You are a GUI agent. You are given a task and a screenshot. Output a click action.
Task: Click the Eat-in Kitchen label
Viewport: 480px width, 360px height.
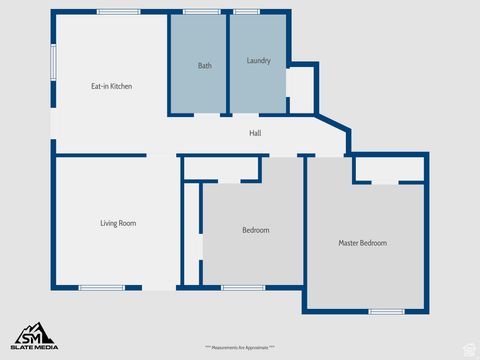(x=111, y=86)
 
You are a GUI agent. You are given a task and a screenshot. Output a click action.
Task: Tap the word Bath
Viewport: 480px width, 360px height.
(x=204, y=66)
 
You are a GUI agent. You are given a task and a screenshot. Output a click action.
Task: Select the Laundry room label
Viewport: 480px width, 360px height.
(x=258, y=61)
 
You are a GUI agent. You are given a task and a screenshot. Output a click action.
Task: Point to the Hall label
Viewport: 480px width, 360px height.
(x=255, y=132)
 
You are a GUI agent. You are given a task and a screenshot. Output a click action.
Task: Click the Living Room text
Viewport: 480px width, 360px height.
(x=118, y=223)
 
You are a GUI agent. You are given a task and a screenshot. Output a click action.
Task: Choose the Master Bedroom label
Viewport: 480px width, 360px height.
(x=362, y=243)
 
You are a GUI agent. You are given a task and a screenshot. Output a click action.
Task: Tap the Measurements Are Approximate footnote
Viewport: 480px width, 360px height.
(x=240, y=347)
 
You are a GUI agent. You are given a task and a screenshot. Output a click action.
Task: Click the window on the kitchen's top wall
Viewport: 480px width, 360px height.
(x=119, y=11)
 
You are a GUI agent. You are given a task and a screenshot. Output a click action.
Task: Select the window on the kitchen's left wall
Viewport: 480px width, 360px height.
(x=53, y=60)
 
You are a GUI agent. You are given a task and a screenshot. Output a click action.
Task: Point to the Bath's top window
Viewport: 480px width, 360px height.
(x=201, y=11)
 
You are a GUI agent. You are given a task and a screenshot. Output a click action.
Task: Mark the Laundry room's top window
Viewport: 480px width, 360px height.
(x=246, y=11)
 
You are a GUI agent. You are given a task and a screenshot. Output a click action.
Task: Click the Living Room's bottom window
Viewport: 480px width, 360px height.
(x=101, y=288)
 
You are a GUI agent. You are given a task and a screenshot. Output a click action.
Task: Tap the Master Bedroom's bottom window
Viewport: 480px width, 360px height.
(x=385, y=311)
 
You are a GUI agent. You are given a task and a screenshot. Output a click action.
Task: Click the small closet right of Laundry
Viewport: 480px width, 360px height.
(x=301, y=90)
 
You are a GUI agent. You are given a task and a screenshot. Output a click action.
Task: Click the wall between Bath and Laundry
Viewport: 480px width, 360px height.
(x=228, y=62)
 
